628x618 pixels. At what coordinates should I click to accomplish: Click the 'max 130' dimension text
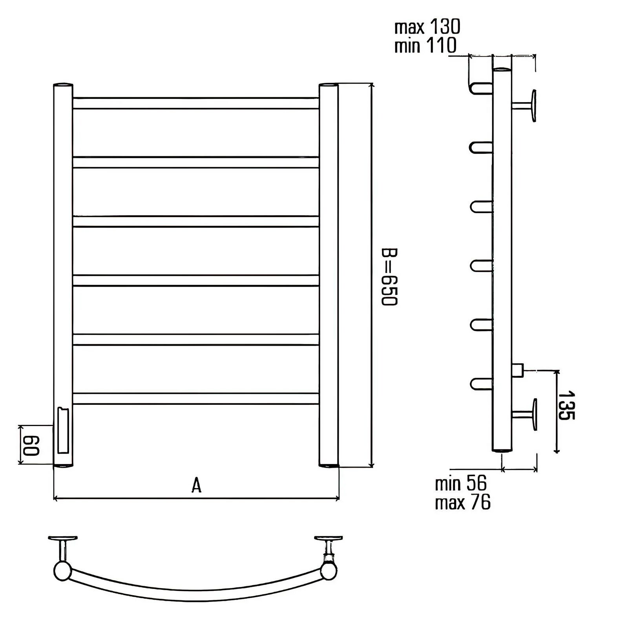(427, 27)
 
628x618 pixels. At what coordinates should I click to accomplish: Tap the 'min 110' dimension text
(425, 45)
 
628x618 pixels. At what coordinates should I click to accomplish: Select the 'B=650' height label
(389, 276)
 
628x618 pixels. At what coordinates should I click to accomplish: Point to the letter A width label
(196, 485)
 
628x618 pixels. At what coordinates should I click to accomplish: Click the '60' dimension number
(31, 444)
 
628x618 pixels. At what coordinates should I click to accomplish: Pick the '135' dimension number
(566, 405)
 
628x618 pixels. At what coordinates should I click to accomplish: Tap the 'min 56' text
(461, 483)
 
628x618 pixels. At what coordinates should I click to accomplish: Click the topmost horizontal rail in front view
(195, 103)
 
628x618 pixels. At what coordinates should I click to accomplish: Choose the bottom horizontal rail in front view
(195, 399)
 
